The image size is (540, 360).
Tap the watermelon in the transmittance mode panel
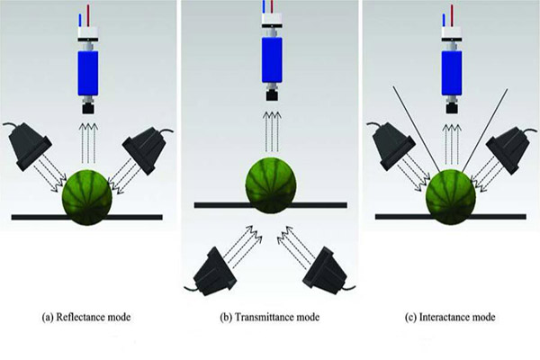tap(269, 182)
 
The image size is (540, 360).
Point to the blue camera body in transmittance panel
tap(269, 63)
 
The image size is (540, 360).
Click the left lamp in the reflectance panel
tap(32, 143)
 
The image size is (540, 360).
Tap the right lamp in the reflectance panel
tap(145, 144)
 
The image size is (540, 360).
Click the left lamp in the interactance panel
tap(394, 143)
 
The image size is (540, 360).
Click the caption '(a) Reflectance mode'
tap(89, 316)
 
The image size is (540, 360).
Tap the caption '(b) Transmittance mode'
tap(270, 316)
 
